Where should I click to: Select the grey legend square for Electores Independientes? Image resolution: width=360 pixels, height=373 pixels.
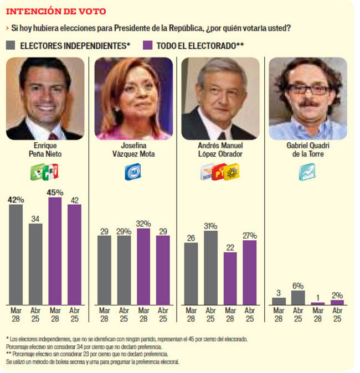click(x=11, y=45)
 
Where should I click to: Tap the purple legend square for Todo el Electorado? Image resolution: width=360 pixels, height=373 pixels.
click(x=148, y=45)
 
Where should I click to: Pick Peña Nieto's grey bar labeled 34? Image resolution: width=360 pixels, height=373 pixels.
click(x=35, y=263)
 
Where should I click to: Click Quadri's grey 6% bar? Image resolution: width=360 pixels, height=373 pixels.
click(x=298, y=298)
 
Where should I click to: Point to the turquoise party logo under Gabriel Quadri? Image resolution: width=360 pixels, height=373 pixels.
click(x=307, y=172)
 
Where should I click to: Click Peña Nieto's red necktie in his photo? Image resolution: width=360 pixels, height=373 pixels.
click(x=52, y=136)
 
